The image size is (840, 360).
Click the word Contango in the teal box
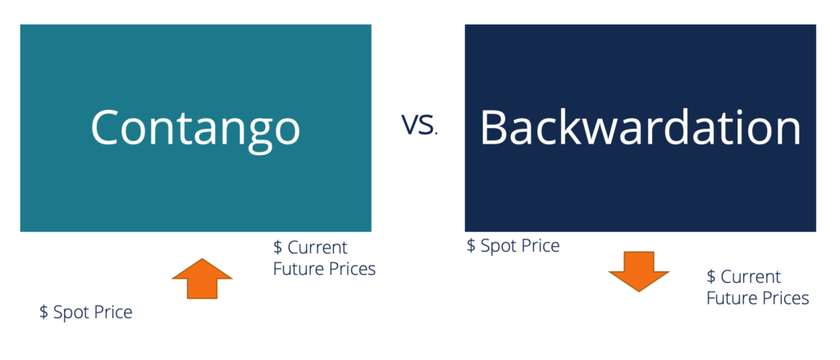[x=195, y=127]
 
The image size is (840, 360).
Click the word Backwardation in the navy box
[x=640, y=127]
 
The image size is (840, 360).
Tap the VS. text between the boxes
[x=419, y=125]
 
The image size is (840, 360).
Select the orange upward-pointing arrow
[x=202, y=279]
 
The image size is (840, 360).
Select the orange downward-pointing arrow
[x=640, y=271]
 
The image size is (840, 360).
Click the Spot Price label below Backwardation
[x=513, y=245]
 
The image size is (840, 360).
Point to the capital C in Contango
[x=108, y=127]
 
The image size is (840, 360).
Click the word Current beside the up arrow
[x=317, y=248]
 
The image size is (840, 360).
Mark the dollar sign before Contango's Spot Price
[x=43, y=312]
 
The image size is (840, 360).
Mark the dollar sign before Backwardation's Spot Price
[x=471, y=245]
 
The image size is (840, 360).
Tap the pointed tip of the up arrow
[x=202, y=259]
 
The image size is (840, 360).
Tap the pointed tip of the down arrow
[x=640, y=291]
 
